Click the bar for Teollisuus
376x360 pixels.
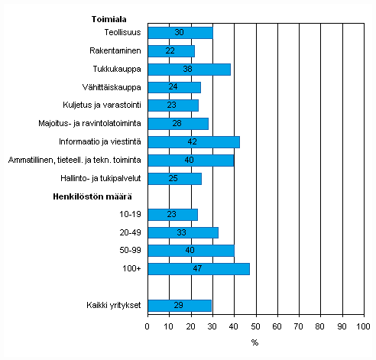click(x=180, y=33)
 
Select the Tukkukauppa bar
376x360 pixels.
click(x=189, y=70)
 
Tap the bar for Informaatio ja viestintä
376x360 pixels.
click(x=193, y=141)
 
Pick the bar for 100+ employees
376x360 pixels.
click(x=199, y=268)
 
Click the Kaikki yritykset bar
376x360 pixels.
click(x=179, y=306)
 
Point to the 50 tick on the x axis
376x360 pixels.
click(x=256, y=326)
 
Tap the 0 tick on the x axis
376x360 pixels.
click(x=147, y=326)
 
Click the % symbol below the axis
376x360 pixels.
click(x=254, y=342)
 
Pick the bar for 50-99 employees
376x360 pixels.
click(x=190, y=251)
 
